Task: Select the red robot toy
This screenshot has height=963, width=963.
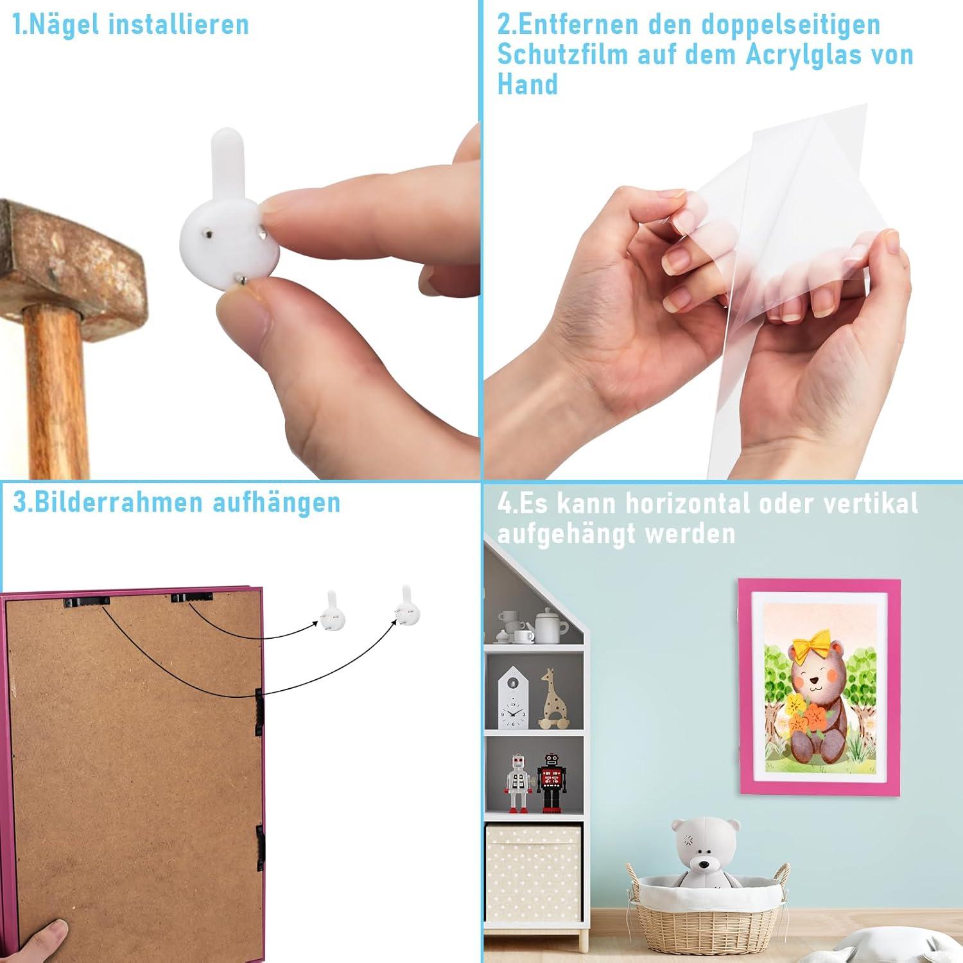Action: coord(550,781)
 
